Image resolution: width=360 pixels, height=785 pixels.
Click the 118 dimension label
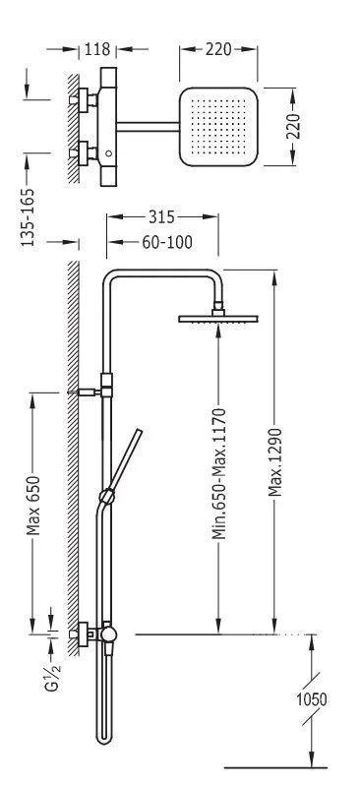[x=98, y=49]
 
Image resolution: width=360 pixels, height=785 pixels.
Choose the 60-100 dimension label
[x=165, y=242]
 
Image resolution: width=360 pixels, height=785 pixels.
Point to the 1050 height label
[x=312, y=699]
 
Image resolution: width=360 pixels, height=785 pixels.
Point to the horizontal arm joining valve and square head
[x=148, y=124]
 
